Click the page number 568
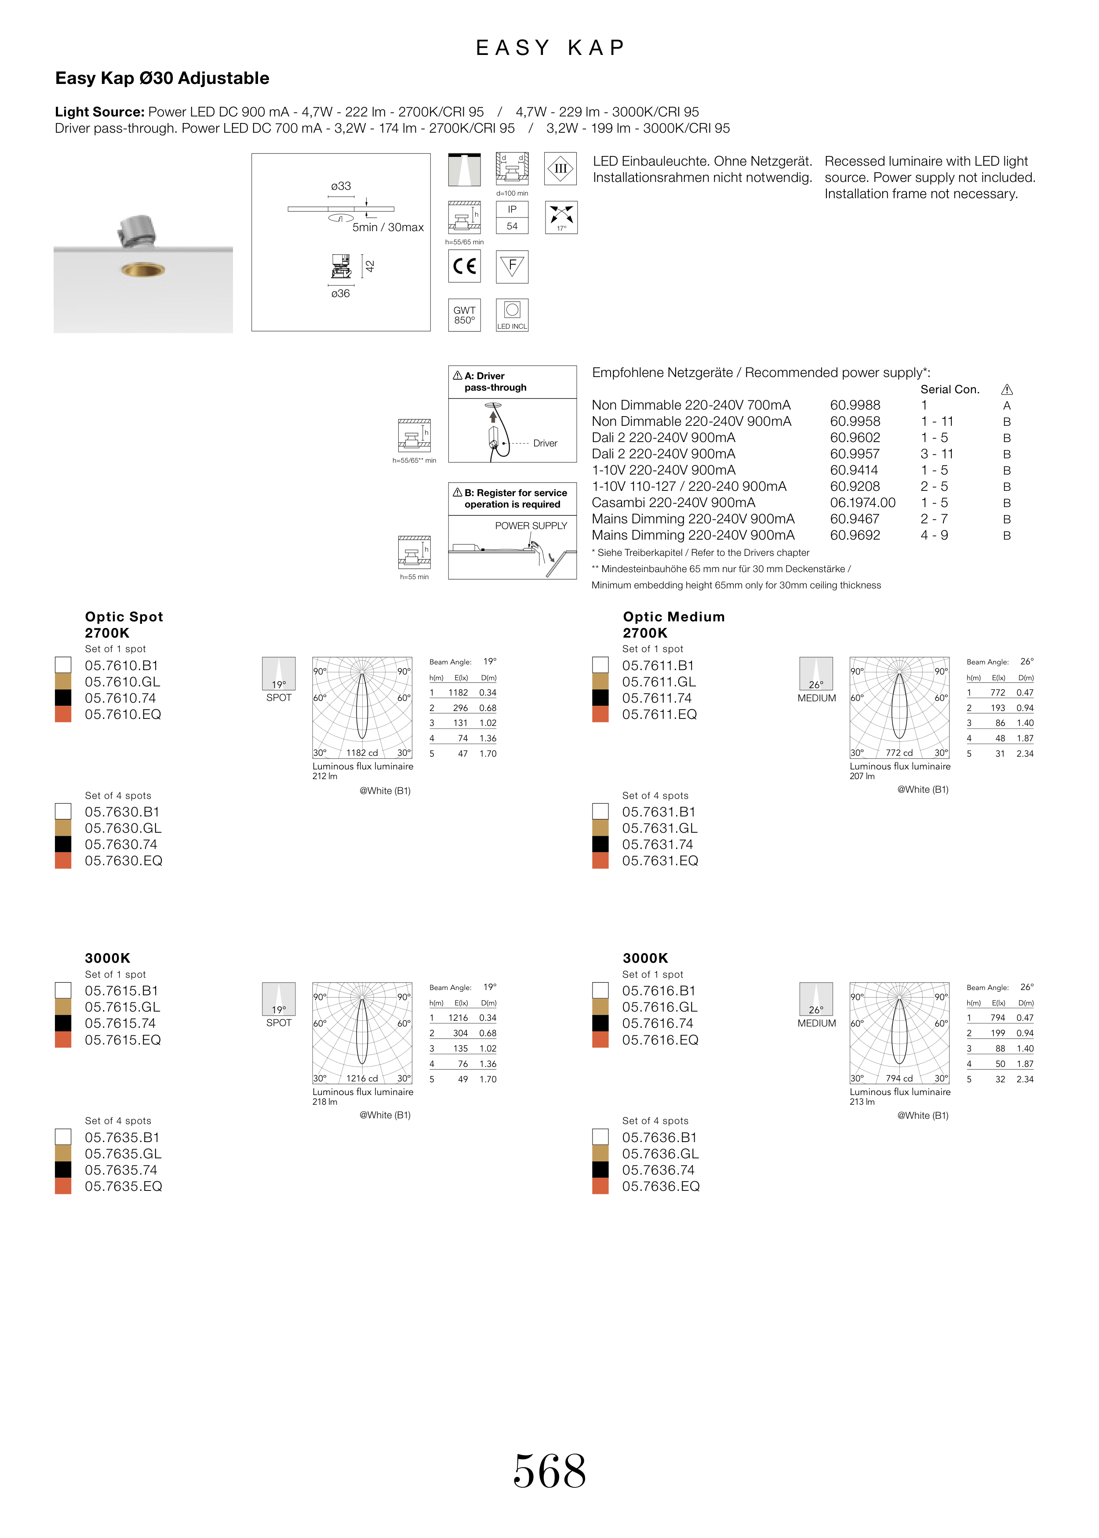tap(549, 1472)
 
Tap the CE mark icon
tap(464, 266)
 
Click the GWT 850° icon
tap(464, 315)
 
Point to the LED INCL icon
tap(512, 315)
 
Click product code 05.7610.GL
tap(123, 682)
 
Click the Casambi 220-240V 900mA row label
tap(673, 503)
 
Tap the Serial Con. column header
tap(950, 390)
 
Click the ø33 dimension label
tap(341, 186)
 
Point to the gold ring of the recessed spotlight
tap(143, 271)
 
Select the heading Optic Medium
tap(674, 617)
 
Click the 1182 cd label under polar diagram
tap(362, 753)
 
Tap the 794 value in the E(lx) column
tap(997, 1018)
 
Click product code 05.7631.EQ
tap(660, 861)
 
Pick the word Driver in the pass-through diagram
tap(546, 444)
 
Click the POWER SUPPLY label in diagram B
tap(531, 526)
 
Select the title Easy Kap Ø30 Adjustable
tap(162, 79)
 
